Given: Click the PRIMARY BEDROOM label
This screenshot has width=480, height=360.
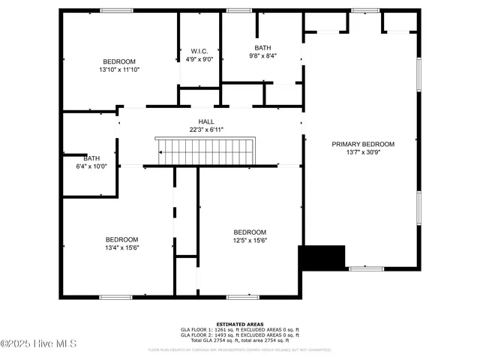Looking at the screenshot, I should pos(363,144).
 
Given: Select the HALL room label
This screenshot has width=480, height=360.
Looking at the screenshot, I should pos(205,121).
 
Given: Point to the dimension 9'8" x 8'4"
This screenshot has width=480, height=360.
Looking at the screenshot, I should pos(262,55).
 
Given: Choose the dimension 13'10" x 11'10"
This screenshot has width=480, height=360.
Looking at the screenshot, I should pos(119,69).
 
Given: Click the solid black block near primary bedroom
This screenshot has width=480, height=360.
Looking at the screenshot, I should pos(322,257).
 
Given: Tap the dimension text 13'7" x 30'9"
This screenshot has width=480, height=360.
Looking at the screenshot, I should pos(363,152).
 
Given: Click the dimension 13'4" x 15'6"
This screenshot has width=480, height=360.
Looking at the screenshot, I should pos(121,247).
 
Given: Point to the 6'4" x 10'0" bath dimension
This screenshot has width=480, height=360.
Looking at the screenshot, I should pos(91,166).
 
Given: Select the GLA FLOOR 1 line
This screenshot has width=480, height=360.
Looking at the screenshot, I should pos(239,330).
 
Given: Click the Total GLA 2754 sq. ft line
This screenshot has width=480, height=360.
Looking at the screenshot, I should pos(239,340).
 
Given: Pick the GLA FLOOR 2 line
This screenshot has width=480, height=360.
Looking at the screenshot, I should pos(239,335).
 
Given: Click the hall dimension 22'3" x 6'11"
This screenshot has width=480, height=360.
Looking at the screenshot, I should pos(205,130).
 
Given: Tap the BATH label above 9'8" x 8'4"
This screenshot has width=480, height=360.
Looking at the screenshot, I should pos(262,48).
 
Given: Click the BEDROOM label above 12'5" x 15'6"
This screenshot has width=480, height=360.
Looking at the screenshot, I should pos(250,232).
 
